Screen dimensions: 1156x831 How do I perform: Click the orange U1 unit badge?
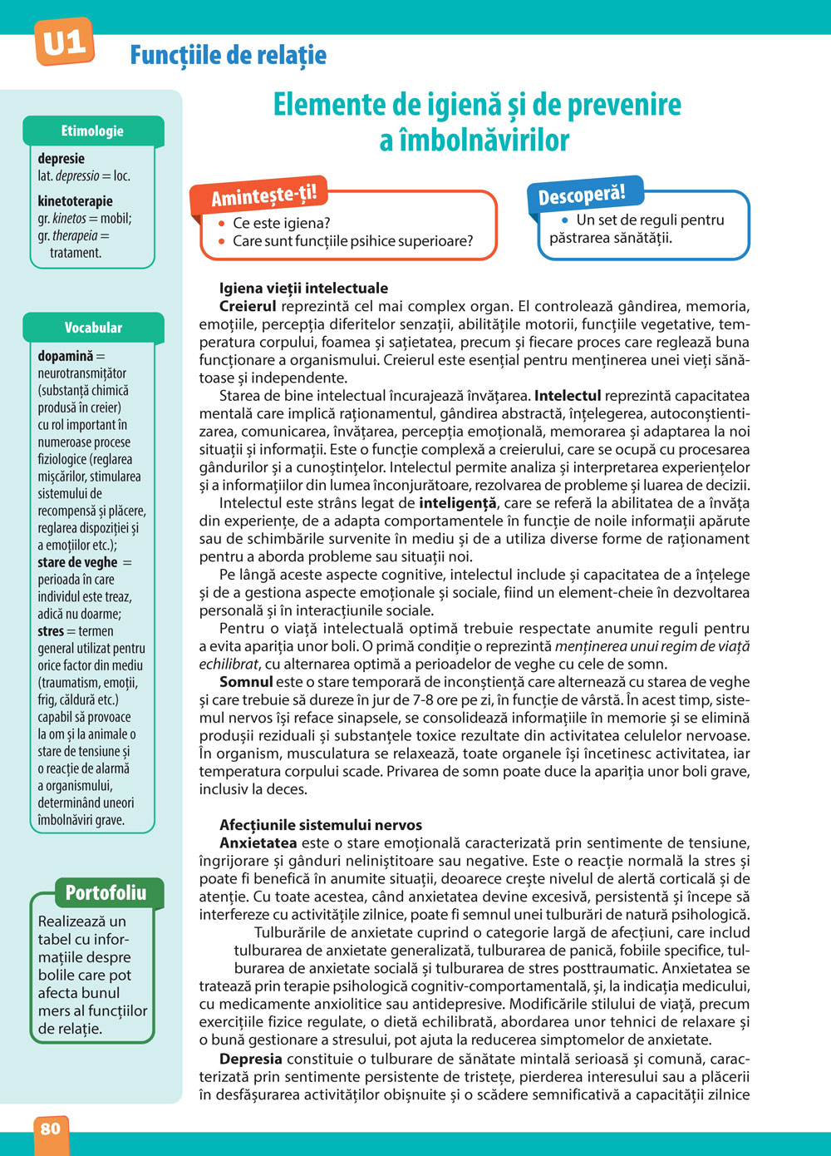click(64, 42)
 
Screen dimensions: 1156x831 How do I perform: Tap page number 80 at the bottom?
click(51, 1128)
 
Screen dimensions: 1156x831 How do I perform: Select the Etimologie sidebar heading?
click(92, 131)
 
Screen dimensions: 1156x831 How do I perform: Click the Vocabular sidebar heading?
click(93, 328)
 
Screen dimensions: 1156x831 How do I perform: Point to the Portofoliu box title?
click(106, 893)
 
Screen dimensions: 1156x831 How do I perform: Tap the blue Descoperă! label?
click(581, 195)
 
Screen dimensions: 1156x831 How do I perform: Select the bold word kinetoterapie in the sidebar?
click(75, 201)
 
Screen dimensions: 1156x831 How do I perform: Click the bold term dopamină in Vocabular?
click(66, 356)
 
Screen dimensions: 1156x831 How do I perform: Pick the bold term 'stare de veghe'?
click(77, 562)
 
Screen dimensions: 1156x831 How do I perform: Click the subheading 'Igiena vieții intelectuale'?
click(303, 289)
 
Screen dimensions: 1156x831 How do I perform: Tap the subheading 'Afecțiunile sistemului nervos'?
click(321, 825)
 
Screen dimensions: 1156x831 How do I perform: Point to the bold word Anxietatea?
click(258, 843)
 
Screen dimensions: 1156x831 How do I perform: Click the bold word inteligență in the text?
click(458, 503)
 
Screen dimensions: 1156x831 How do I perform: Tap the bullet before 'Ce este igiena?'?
click(222, 224)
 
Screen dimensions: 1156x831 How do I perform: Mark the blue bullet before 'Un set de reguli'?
click(565, 220)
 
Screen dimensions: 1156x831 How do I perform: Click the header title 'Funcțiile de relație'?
click(229, 56)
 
